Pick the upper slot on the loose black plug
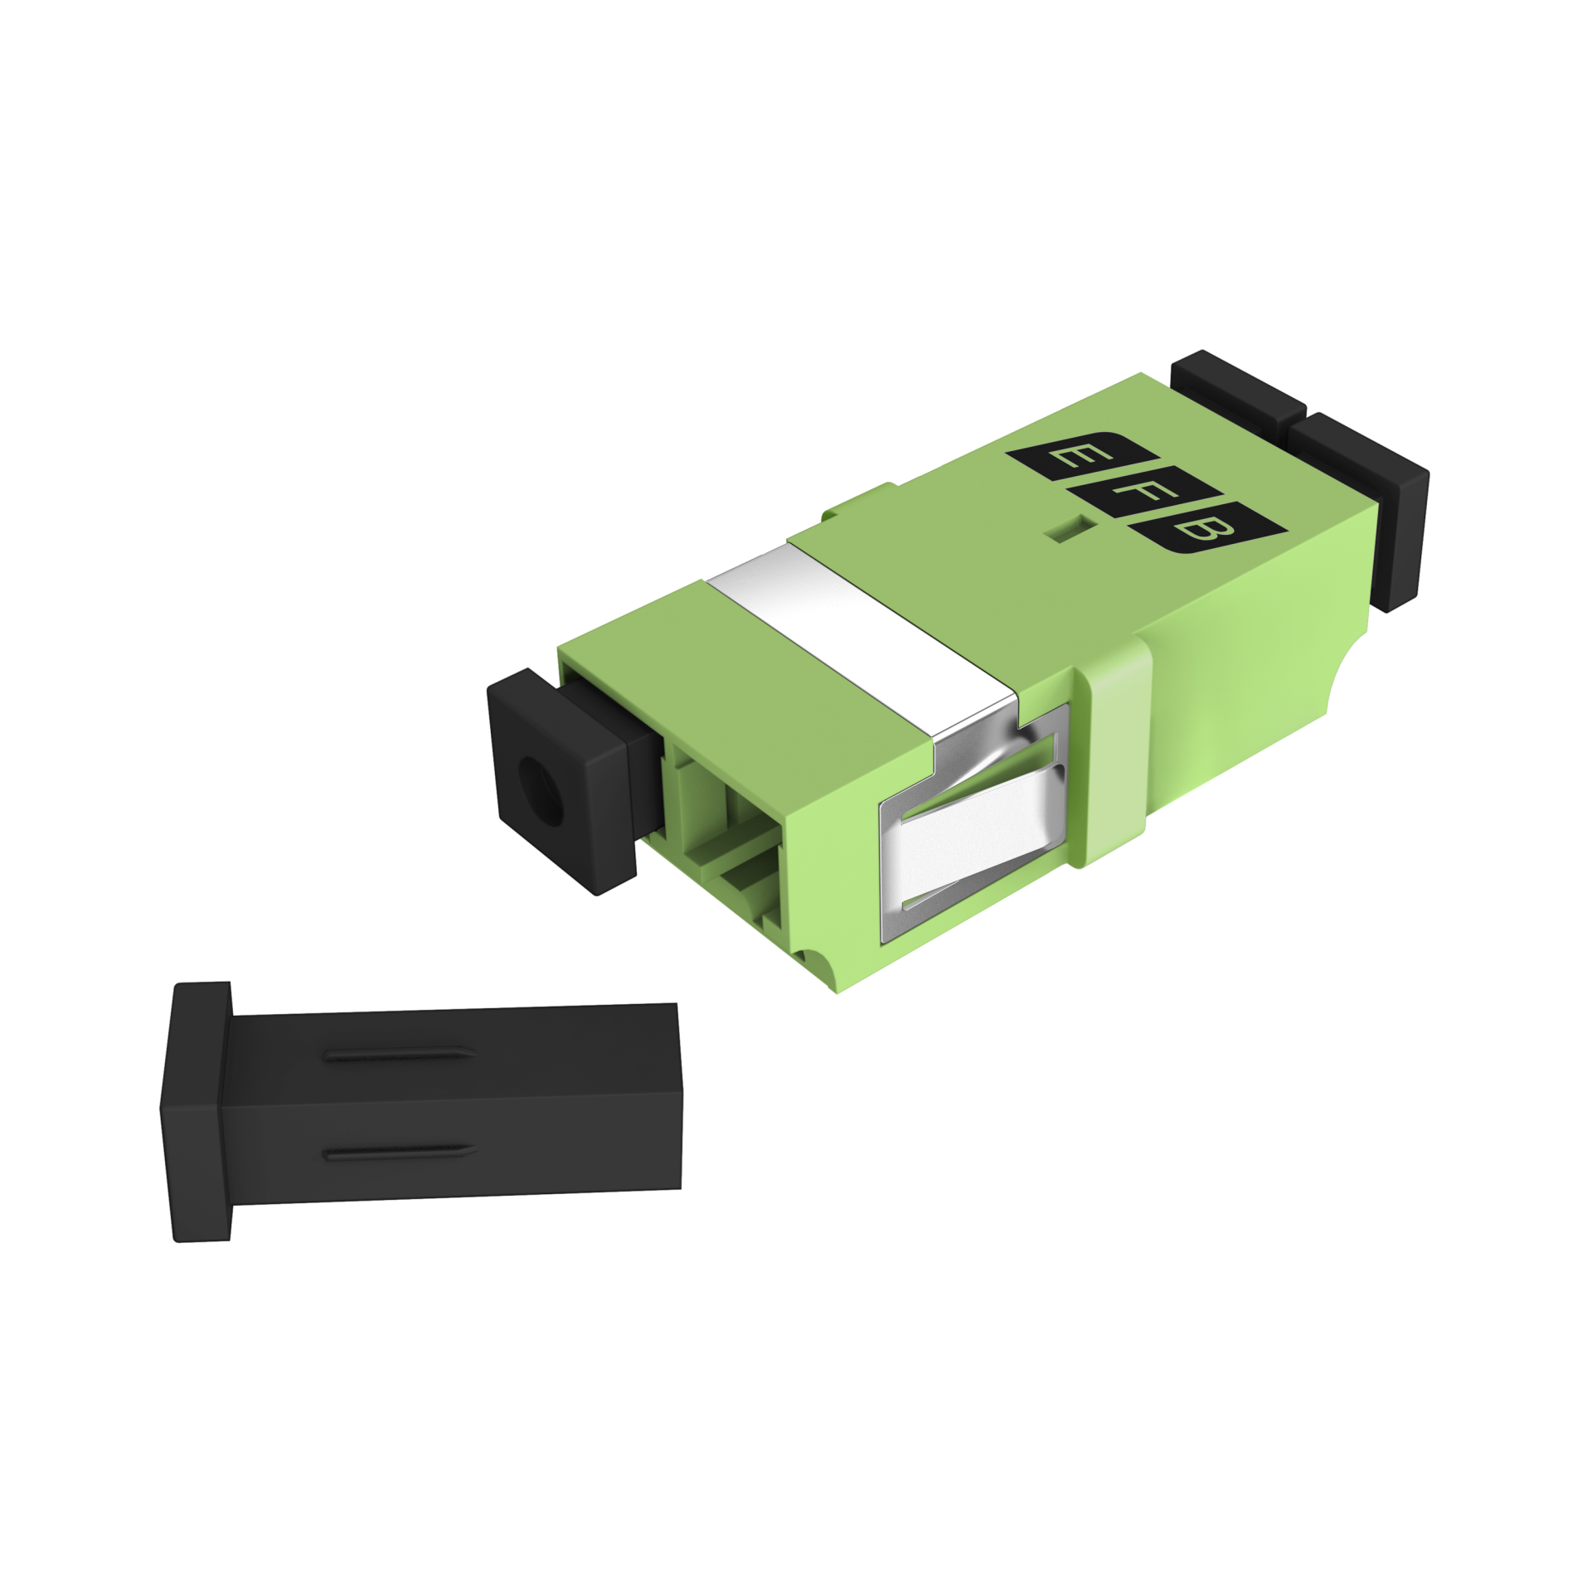tap(399, 1056)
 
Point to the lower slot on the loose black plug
tap(399, 1153)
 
